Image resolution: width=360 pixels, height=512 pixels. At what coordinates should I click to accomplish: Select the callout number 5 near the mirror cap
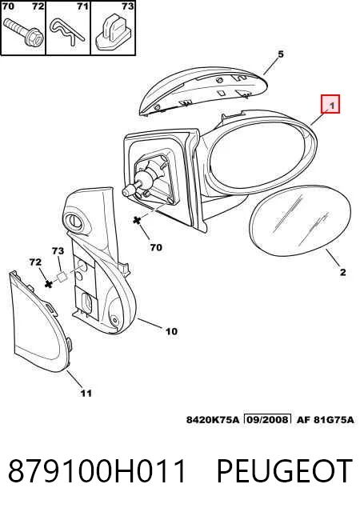(281, 54)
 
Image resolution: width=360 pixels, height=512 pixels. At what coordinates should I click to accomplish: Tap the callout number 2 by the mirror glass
(342, 272)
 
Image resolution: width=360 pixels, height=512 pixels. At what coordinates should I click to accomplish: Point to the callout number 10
(171, 331)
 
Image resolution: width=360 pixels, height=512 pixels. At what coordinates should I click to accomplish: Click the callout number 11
(86, 393)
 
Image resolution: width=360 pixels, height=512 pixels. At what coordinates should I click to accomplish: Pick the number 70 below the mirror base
(156, 247)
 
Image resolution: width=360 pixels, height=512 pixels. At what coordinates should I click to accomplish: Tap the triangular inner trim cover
(40, 322)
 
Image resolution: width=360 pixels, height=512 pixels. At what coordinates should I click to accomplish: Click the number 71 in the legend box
(82, 6)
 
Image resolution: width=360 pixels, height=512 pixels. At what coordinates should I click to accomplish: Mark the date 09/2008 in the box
(267, 419)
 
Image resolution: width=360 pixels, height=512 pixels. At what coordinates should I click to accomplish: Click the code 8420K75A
(213, 419)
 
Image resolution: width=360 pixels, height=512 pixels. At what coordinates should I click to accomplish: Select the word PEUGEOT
(285, 471)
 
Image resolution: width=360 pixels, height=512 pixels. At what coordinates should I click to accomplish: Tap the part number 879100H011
(97, 471)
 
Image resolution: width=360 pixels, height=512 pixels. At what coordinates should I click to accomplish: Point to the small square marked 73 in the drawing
(62, 277)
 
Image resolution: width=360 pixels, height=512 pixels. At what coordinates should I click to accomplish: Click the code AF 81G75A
(325, 419)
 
